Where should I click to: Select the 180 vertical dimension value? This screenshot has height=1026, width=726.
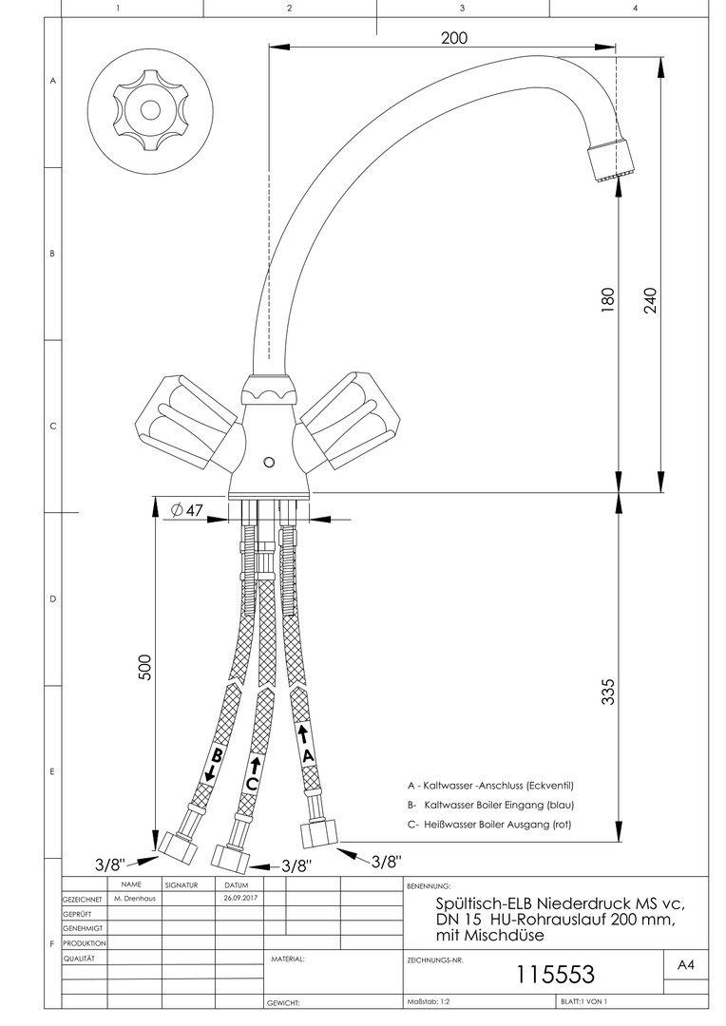pyautogui.click(x=609, y=300)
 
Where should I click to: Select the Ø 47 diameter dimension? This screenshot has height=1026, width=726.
pyautogui.click(x=187, y=510)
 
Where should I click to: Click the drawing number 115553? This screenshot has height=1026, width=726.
pyautogui.click(x=555, y=974)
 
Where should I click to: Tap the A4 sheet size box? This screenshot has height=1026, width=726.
pyautogui.click(x=685, y=965)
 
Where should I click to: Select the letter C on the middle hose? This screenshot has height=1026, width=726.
pyautogui.click(x=251, y=784)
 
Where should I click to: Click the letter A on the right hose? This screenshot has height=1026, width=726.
pyautogui.click(x=307, y=755)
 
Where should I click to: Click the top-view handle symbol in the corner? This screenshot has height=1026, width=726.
pyautogui.click(x=150, y=108)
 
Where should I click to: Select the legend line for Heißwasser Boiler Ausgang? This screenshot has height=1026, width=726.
pyautogui.click(x=489, y=825)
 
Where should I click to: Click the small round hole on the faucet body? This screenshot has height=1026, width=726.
pyautogui.click(x=269, y=462)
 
